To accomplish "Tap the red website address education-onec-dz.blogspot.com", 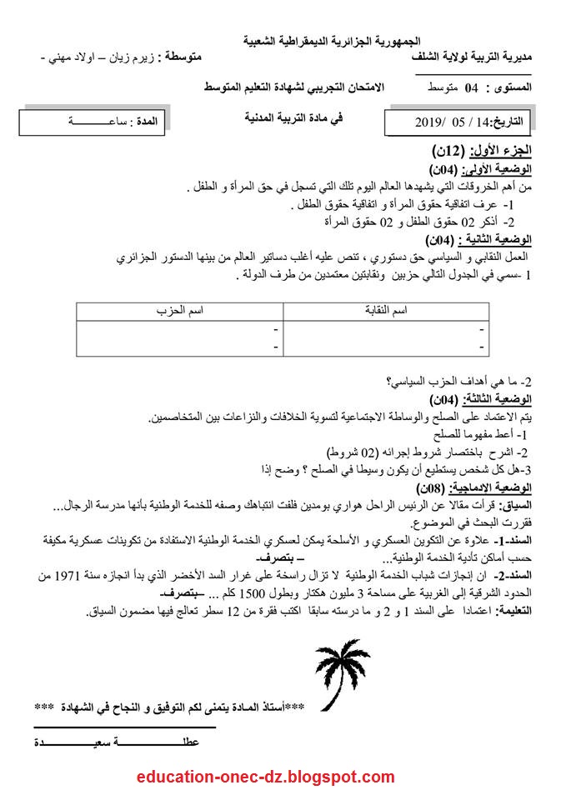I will click(266, 777).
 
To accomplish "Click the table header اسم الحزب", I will click(180, 311).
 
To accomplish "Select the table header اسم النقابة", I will click(388, 311).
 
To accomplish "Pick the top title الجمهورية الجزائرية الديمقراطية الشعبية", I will click(333, 40).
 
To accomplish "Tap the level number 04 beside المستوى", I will click(471, 87).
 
